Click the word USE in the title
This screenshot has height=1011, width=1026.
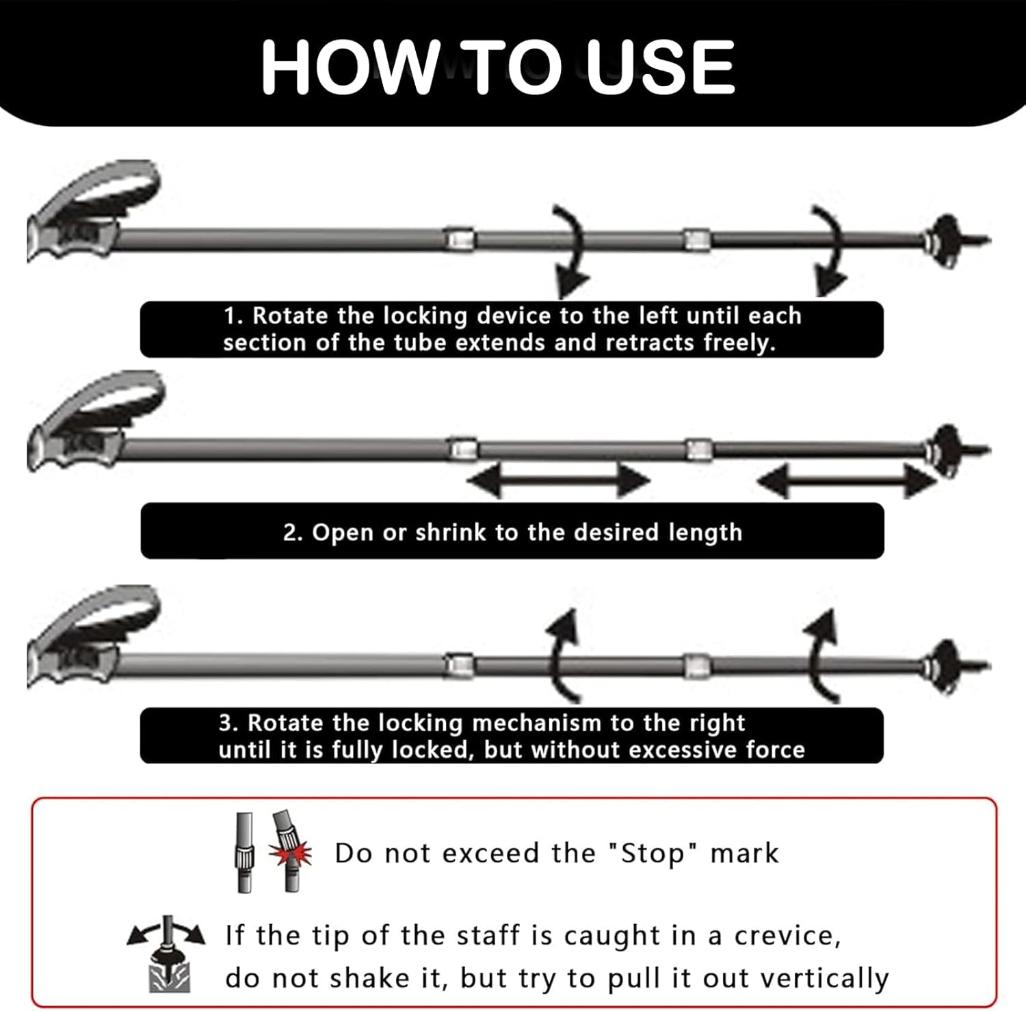point(661,66)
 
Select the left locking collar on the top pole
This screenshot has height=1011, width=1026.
point(460,239)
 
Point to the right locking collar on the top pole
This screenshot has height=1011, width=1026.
point(697,239)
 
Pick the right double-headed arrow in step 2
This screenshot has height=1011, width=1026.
point(847,481)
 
